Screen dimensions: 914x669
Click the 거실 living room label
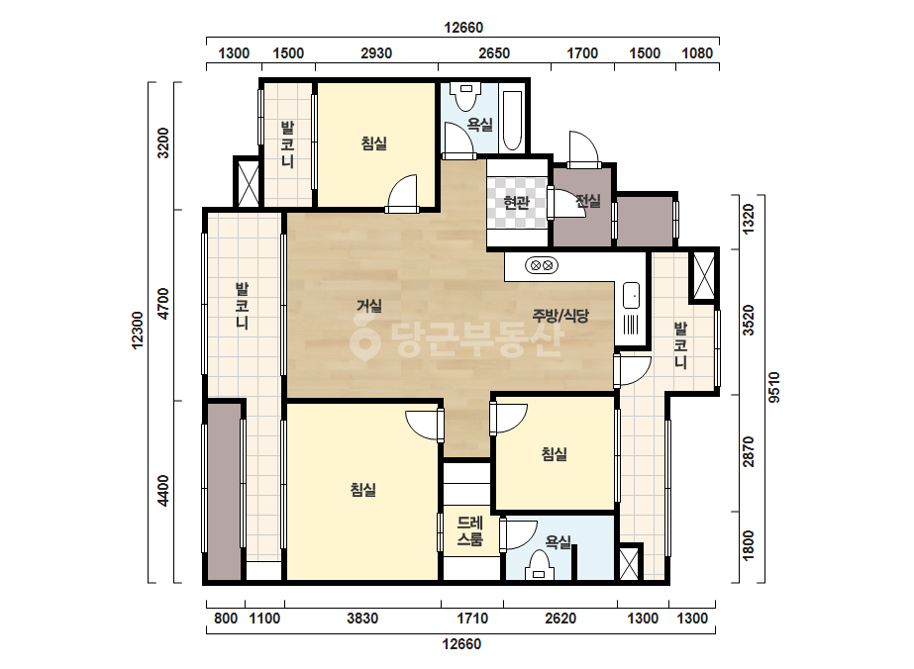point(369,306)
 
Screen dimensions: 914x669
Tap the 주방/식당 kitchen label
point(560,316)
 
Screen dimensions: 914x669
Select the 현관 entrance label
point(516,202)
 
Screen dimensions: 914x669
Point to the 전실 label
point(587,201)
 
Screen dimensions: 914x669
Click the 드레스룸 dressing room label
point(469,530)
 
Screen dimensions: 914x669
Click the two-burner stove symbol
point(542,266)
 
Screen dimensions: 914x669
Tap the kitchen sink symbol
point(631,296)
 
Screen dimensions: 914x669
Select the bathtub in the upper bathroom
point(512,120)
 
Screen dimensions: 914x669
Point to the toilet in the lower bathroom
point(539,566)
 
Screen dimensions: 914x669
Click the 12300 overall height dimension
point(137,331)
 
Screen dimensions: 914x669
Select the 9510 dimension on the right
point(773,388)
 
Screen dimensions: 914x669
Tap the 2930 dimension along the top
point(376,53)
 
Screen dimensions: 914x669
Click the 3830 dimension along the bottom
point(362,619)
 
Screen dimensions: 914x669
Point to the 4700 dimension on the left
point(163,303)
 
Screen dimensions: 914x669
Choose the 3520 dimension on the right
point(749,321)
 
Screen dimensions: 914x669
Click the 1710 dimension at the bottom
point(472,619)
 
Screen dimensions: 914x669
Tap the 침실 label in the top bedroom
point(374,143)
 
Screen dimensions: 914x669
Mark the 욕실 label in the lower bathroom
point(558,542)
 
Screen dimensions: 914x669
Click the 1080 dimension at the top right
point(697,53)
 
